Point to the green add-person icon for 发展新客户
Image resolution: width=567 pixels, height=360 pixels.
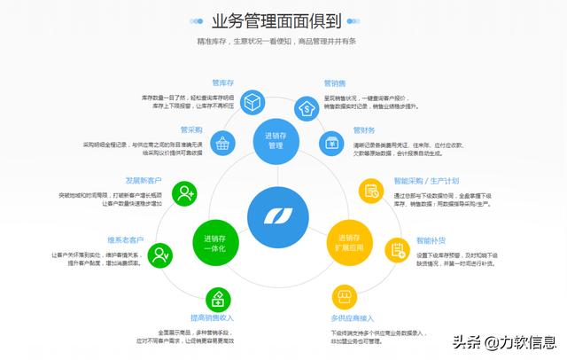[x=184, y=192]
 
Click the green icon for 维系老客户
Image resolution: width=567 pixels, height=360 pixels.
[x=160, y=256]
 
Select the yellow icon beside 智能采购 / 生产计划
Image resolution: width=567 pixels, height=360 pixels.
[x=369, y=191]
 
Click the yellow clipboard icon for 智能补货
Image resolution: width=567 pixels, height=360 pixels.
[x=398, y=249]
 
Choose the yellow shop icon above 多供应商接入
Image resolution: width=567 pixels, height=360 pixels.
[x=344, y=296]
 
